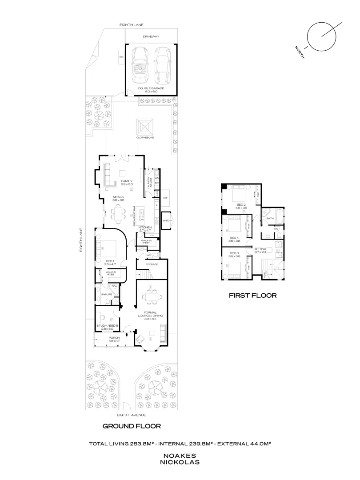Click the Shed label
[166, 220]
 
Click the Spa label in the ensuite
[114, 286]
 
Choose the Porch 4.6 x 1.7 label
[108, 339]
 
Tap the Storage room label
[152, 264]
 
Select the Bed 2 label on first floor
[241, 206]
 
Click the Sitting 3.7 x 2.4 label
[260, 251]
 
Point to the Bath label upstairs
[269, 219]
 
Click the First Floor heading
[252, 295]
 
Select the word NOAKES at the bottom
[180, 456]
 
